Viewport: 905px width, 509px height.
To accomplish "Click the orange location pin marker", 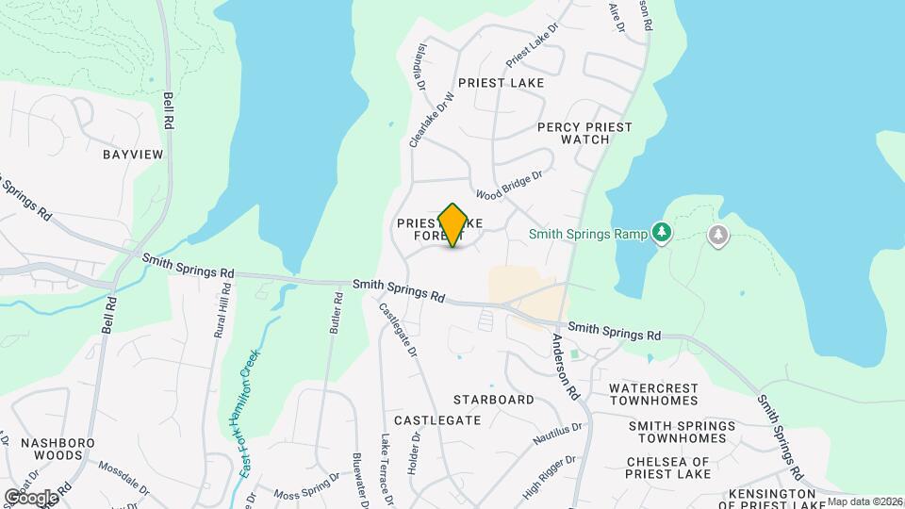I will [x=452, y=224].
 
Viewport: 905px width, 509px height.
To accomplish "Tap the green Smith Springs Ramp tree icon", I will [x=662, y=232].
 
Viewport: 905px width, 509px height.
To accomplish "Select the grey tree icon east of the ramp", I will [x=718, y=235].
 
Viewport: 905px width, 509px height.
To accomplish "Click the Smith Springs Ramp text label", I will [x=587, y=233].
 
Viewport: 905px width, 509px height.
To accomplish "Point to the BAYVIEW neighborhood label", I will [x=133, y=154].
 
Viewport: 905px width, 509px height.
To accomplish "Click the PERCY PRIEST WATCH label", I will [x=584, y=133].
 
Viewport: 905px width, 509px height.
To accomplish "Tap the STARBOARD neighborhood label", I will [x=493, y=400].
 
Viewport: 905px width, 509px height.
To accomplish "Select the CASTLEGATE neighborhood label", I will [x=437, y=419].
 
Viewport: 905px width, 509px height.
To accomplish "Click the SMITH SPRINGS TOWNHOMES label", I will [x=683, y=432].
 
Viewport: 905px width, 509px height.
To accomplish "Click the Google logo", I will [x=31, y=497].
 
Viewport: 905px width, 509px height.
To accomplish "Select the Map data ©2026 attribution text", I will [x=865, y=501].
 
